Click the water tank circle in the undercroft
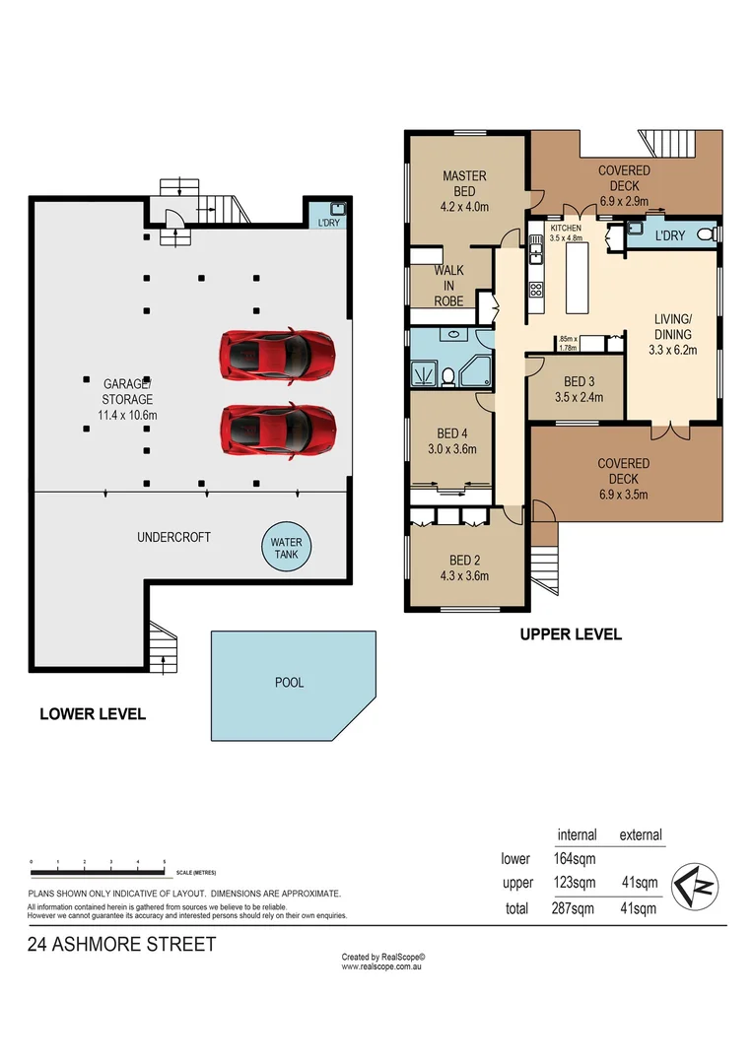(x=287, y=548)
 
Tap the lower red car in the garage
(x=278, y=429)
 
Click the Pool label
(x=290, y=682)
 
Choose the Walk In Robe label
(x=448, y=286)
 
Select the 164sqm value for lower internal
(x=576, y=859)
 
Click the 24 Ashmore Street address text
(x=121, y=945)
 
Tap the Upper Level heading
(x=571, y=634)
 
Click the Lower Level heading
(x=93, y=713)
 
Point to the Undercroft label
(x=173, y=537)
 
